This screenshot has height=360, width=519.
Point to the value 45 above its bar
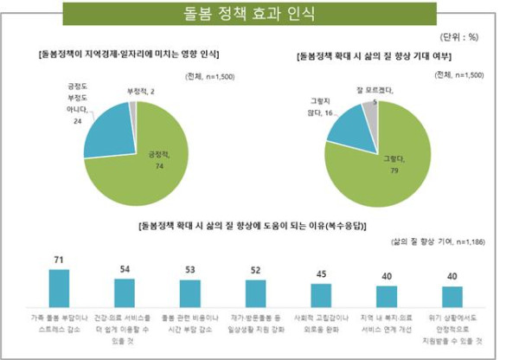322,274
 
